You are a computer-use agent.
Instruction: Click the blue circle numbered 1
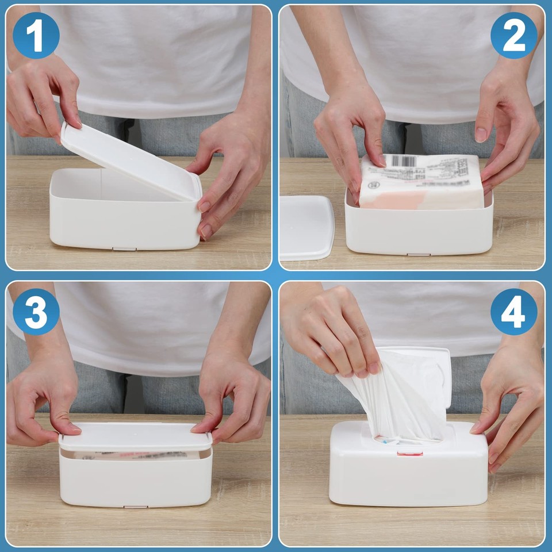[x=36, y=36]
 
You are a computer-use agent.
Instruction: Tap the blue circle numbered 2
[x=513, y=36]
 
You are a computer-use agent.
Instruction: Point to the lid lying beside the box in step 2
[x=306, y=227]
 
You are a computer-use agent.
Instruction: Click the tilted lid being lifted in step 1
[x=129, y=158]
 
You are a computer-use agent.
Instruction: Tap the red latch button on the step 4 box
[x=409, y=453]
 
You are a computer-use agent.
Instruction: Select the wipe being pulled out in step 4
[x=397, y=397]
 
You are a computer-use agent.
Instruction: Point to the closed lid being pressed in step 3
[x=136, y=437]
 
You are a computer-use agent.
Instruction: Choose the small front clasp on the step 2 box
[x=418, y=254]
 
